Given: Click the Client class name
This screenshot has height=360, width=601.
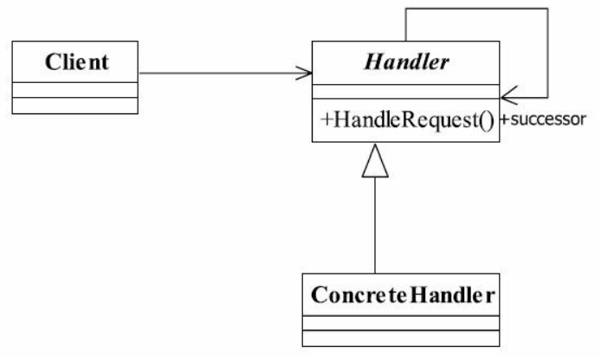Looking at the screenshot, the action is [x=77, y=61].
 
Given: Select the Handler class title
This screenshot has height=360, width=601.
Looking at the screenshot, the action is [x=406, y=61].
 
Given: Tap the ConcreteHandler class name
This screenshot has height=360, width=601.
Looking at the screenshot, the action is [x=403, y=295].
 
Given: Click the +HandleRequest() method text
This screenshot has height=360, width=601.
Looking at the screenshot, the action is [x=408, y=120].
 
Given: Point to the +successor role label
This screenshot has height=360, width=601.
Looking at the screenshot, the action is [x=544, y=119].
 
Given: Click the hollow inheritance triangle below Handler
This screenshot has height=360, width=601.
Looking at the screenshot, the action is [x=375, y=161].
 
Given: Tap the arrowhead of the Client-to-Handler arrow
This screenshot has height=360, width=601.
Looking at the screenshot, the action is [x=304, y=73].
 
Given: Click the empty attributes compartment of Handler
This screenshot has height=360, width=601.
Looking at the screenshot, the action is [x=406, y=92].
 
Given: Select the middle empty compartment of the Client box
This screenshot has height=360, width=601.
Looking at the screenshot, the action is [x=75, y=90].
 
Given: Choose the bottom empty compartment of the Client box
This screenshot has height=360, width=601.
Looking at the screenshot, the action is [x=75, y=106].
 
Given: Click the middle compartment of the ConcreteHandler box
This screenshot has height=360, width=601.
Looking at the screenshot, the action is [x=401, y=324].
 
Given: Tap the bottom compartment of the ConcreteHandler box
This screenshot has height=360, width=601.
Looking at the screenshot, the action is [x=401, y=338].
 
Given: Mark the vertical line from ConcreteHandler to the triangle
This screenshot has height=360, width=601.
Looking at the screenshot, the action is [x=375, y=226].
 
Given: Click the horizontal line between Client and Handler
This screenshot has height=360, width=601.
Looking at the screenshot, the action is [x=225, y=73].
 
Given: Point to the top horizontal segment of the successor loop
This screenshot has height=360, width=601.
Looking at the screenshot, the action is [x=477, y=9].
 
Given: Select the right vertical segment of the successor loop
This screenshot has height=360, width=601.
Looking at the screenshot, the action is [x=547, y=53].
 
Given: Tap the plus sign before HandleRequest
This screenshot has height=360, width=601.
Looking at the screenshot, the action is [x=326, y=119].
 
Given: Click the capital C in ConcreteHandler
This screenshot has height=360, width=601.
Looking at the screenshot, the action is [x=320, y=295].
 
